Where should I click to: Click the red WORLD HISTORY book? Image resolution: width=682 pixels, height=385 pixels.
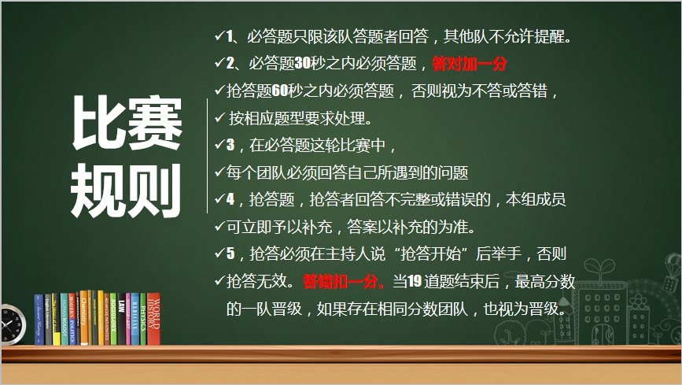tap(153, 319)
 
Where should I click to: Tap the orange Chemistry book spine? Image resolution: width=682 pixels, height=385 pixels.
tap(84, 318)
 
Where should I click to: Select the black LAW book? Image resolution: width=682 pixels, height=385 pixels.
tap(122, 319)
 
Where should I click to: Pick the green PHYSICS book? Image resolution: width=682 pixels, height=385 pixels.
tap(143, 319)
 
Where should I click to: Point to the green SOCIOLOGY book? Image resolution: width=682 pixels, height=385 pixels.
tap(113, 319)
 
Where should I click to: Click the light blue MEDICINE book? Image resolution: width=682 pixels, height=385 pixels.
tap(135, 319)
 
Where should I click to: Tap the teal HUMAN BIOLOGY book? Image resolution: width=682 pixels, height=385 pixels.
tap(65, 319)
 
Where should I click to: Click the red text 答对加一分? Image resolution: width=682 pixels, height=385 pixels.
tap(470, 64)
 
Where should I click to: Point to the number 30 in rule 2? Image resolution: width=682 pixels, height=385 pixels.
tap(303, 64)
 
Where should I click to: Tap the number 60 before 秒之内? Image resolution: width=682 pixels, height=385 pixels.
tap(280, 91)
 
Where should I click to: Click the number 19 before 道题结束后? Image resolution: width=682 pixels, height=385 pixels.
tap(415, 281)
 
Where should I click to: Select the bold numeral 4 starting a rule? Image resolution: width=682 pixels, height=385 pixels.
tap(230, 199)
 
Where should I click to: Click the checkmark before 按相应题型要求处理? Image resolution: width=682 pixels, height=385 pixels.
tap(219, 117)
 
